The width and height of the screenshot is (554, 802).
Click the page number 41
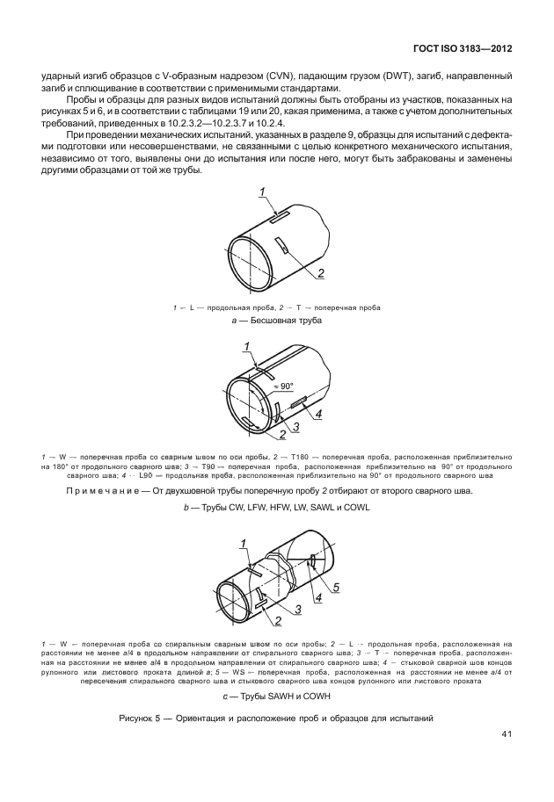[x=507, y=734]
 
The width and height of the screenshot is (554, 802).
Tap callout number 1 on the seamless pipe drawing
[x=262, y=192]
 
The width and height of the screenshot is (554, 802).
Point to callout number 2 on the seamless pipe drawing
[x=321, y=273]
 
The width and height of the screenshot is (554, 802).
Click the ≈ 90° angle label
[x=284, y=386]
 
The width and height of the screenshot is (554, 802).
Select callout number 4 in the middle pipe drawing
[x=319, y=414]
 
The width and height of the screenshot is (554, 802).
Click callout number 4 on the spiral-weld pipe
[x=319, y=597]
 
